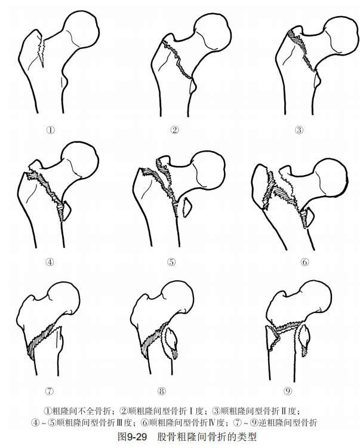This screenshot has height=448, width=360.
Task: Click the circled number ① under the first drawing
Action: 51,130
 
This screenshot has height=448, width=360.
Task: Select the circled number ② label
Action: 174,130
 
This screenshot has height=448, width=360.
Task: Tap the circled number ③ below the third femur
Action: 299,130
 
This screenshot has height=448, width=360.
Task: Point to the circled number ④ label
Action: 50,262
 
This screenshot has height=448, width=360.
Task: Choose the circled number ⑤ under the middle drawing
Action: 171,262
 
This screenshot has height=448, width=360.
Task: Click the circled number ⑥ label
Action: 304,262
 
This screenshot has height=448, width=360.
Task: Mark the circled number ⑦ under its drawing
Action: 50,391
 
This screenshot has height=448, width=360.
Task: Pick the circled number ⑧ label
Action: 162,391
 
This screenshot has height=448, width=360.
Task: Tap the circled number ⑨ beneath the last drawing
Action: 288,391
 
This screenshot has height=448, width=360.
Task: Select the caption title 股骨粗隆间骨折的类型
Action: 207,437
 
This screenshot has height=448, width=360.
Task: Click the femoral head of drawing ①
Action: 81,30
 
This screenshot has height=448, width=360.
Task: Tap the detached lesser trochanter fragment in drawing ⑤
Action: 187,207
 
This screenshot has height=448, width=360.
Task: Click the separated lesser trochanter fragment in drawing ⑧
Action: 171,342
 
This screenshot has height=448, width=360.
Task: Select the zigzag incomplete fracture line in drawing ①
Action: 42,52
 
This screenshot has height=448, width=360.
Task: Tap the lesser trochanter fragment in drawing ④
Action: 66,211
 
